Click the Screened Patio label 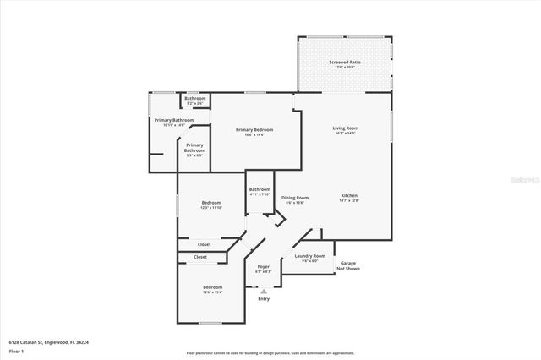tap(344, 63)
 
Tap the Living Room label tap(345, 128)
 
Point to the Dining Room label tap(296, 198)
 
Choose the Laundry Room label tap(309, 255)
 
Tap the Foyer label tap(263, 266)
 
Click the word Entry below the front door tap(264, 298)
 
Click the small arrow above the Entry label tap(264, 291)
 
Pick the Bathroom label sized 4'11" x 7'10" tap(260, 189)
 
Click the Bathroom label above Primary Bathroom tap(195, 99)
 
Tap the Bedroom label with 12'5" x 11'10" tap(211, 203)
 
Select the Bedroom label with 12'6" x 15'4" tap(212, 287)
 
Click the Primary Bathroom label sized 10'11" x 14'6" tap(174, 120)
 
